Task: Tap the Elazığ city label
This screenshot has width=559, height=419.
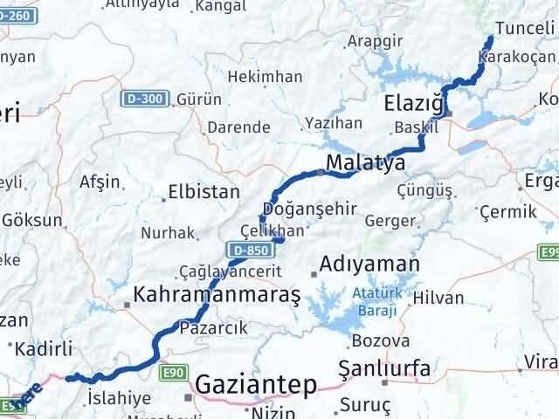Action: [x=415, y=106]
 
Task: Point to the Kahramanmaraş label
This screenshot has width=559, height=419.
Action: [x=217, y=295]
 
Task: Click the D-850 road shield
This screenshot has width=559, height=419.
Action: [x=245, y=251]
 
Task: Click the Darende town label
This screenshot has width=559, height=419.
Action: [x=238, y=127]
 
